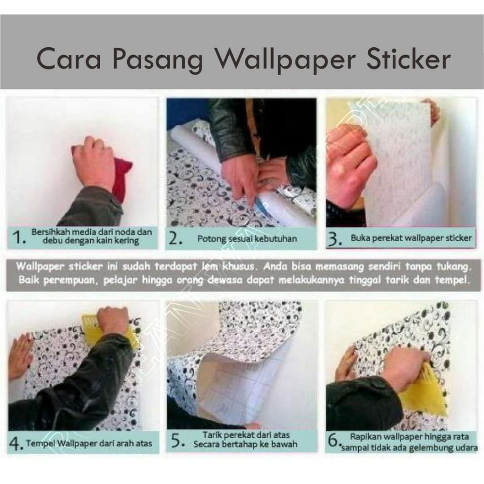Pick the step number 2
coord(176,239)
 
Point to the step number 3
coord(334,239)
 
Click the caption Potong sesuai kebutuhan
coord(247,239)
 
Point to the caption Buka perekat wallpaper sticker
coord(411,238)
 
